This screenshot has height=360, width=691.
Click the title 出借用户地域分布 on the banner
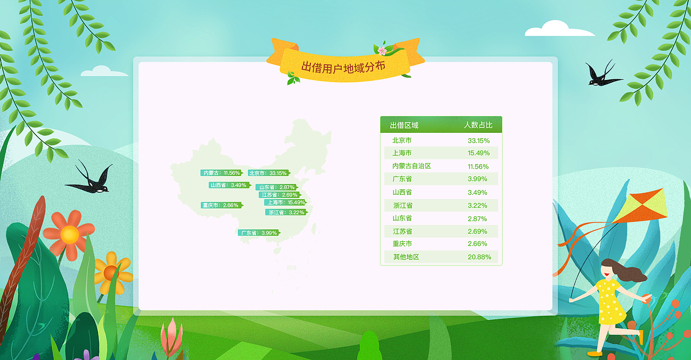[343, 67]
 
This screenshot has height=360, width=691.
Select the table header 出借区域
[404, 125]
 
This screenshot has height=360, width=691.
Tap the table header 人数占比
[478, 125]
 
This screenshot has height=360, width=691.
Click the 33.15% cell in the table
[478, 140]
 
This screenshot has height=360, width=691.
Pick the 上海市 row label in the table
[402, 153]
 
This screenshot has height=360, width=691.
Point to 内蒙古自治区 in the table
[411, 166]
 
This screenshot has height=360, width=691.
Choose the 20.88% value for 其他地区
[479, 257]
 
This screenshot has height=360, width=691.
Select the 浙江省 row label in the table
[403, 206]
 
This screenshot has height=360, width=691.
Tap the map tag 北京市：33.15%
[268, 173]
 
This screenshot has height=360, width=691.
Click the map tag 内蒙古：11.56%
[221, 173]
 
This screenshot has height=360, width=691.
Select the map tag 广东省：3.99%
[259, 233]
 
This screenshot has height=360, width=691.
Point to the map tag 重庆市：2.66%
[221, 205]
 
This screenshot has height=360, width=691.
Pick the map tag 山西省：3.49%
[229, 185]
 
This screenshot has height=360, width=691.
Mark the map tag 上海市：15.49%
[285, 202]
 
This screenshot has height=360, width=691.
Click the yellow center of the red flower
[70, 235]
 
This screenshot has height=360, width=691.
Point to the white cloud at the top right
[559, 29]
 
